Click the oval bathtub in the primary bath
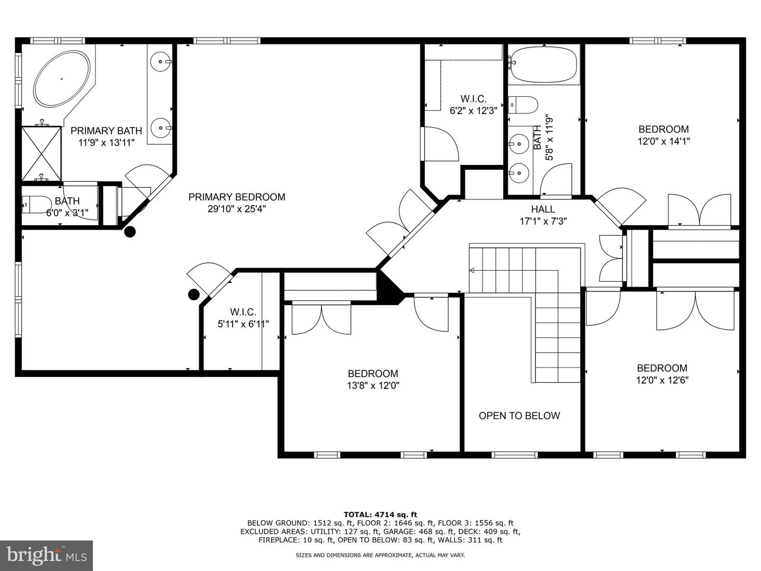tap(61, 80)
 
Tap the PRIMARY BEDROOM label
tap(237, 197)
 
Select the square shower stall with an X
tap(42, 153)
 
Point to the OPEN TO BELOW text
tap(519, 416)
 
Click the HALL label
tap(543, 209)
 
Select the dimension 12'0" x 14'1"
tap(663, 141)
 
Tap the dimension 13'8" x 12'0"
tap(373, 385)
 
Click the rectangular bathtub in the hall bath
tap(544, 65)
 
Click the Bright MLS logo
tap(47, 555)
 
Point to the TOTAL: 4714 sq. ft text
tap(380, 514)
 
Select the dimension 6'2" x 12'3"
tap(473, 110)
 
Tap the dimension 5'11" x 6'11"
tap(243, 324)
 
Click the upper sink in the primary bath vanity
tap(160, 61)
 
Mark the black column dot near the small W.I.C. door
tap(194, 294)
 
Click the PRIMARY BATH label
tap(106, 131)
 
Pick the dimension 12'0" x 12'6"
tap(662, 380)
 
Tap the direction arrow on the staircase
tap(472, 271)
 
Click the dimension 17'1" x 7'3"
tap(543, 222)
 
